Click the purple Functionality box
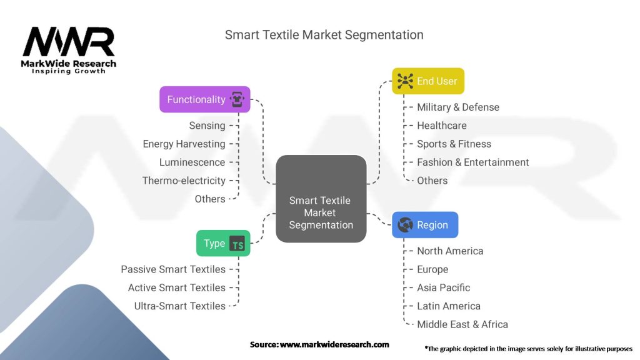(x=204, y=99)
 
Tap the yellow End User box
(x=428, y=81)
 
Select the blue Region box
(x=425, y=225)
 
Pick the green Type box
(x=223, y=244)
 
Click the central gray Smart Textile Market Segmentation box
(x=321, y=199)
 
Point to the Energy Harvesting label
(x=184, y=144)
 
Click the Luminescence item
(x=192, y=162)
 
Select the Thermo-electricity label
(x=184, y=181)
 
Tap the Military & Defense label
(x=458, y=107)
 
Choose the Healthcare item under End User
(x=442, y=126)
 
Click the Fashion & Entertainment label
(x=473, y=162)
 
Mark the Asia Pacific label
(x=444, y=287)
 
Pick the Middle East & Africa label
(x=462, y=324)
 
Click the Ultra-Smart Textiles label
(x=180, y=306)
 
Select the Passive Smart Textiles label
(x=173, y=269)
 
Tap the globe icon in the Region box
(x=405, y=225)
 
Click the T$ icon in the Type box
(x=237, y=244)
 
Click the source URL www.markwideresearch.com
(x=334, y=344)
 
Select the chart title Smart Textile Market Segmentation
(x=324, y=35)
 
